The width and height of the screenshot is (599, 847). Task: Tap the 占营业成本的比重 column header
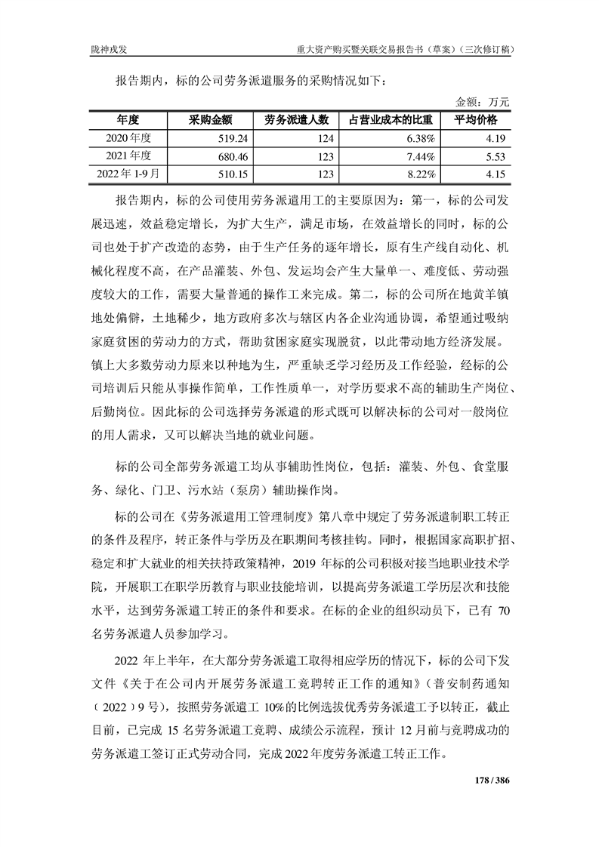coord(391,120)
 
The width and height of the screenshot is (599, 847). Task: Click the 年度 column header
coord(128,120)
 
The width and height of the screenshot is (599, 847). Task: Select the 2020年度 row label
coord(128,138)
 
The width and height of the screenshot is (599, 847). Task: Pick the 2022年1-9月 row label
coord(128,174)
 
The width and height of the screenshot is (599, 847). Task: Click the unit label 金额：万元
coord(483,101)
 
